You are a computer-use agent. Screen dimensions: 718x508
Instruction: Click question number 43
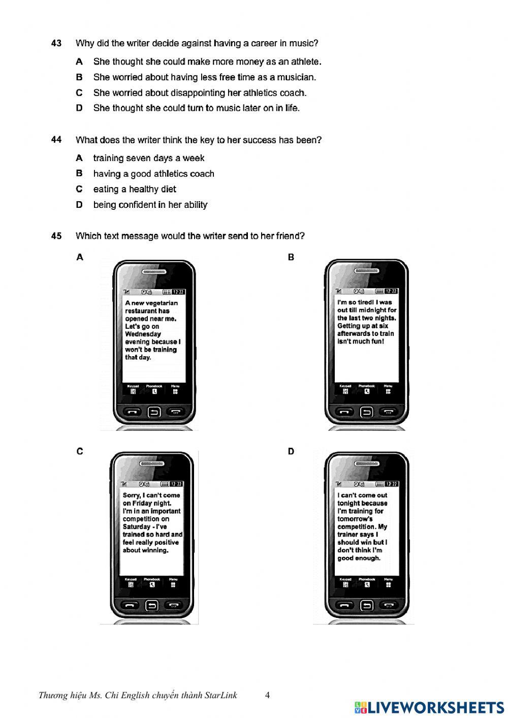(x=56, y=43)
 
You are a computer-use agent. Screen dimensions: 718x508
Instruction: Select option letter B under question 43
(x=79, y=77)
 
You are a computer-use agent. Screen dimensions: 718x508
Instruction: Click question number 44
(x=56, y=140)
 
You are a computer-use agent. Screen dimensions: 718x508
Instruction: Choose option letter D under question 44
(x=79, y=205)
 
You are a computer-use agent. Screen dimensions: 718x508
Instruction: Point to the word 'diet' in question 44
(x=168, y=190)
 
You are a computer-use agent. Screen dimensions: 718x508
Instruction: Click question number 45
(x=56, y=236)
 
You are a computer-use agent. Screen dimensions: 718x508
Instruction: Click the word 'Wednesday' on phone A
(x=143, y=334)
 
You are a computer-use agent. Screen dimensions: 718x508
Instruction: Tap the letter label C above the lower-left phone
(x=80, y=451)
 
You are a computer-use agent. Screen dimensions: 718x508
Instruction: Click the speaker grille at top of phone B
(x=366, y=271)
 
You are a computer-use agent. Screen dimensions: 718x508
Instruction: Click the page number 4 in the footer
(x=267, y=695)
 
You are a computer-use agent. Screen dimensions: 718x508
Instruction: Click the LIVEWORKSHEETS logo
(x=429, y=707)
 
